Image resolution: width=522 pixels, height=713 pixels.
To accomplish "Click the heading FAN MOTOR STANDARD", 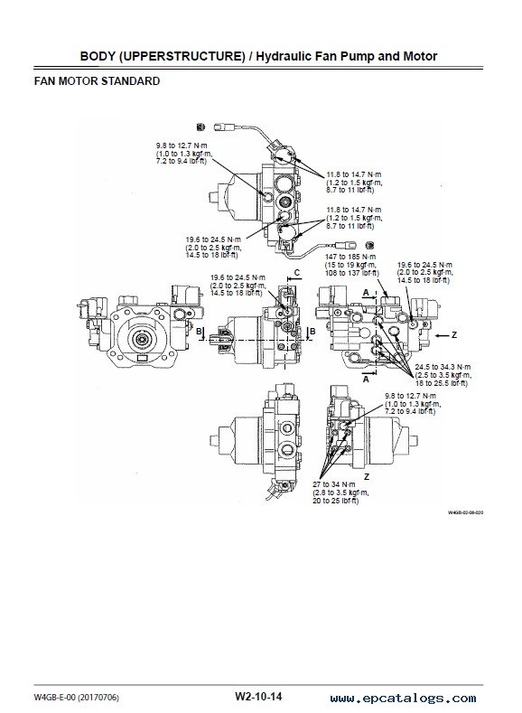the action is (x=97, y=81).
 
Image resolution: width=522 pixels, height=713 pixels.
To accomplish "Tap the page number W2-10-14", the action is (x=258, y=696).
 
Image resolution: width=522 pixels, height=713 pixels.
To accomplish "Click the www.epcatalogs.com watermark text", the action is (x=404, y=698).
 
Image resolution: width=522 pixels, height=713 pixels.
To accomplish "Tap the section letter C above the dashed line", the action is (x=296, y=273).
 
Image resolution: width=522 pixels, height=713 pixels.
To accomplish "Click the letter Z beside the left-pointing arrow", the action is (x=454, y=335).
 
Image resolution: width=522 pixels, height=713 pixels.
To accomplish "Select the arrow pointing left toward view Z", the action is (x=441, y=335).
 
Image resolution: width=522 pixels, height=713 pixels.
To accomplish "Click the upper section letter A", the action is (x=366, y=293).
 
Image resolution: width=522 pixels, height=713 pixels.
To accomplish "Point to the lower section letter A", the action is (x=366, y=379).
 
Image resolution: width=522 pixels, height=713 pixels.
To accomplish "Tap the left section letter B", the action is (x=199, y=332).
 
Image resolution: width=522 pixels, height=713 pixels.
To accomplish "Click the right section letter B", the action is (x=312, y=332).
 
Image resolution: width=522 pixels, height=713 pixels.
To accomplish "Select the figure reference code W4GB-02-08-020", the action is (x=465, y=512).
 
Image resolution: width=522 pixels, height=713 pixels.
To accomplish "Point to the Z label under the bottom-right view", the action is (x=366, y=476).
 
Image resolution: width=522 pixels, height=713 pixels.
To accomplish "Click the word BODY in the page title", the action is (x=94, y=56).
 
